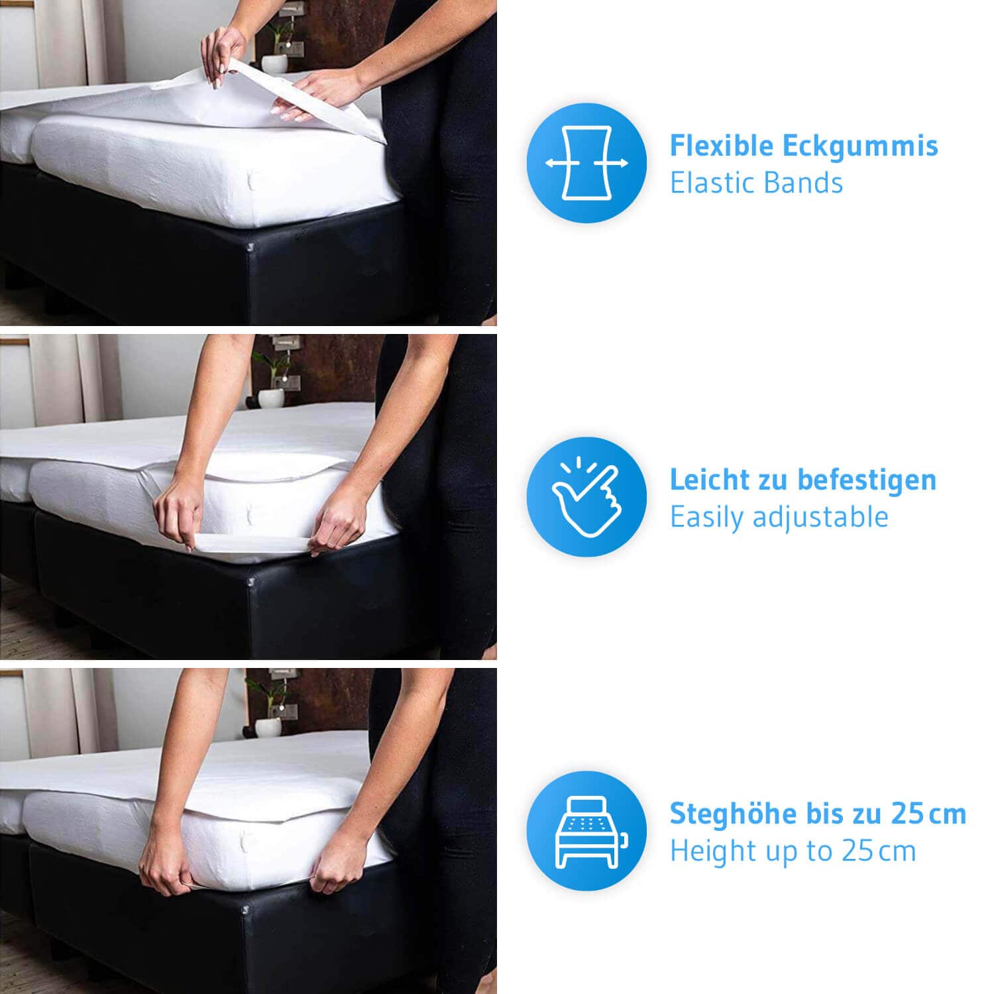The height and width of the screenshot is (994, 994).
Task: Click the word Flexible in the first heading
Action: pos(722,146)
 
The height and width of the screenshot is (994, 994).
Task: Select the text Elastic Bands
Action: pos(756,183)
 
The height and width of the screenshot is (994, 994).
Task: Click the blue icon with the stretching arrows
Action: pos(586,163)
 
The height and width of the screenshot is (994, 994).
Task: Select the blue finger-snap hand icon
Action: pos(586,497)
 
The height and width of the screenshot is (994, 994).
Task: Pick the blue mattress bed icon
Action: pos(586,831)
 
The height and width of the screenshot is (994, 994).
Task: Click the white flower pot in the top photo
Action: pos(274,64)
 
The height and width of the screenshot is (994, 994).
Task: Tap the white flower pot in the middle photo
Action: pos(271,398)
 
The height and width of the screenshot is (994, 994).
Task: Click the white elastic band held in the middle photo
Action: pos(252,543)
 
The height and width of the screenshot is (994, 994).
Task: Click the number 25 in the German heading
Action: pos(909,814)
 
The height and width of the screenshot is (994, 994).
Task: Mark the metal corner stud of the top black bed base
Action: pos(250,247)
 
